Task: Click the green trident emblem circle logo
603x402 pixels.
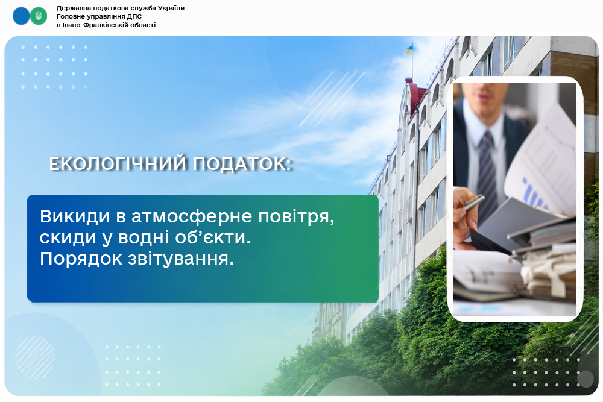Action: click(39, 16)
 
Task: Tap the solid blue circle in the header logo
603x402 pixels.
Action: click(21, 16)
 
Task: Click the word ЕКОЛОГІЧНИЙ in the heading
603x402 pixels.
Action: click(118, 163)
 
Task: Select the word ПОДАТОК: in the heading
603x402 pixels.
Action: click(242, 163)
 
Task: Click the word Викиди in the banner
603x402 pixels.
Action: click(75, 216)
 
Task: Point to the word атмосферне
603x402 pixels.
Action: click(192, 217)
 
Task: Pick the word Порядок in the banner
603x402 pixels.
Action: click(81, 259)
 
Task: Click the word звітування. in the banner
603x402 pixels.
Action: click(181, 259)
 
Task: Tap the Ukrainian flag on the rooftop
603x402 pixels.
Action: click(409, 49)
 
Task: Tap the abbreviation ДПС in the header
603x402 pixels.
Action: click(134, 16)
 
